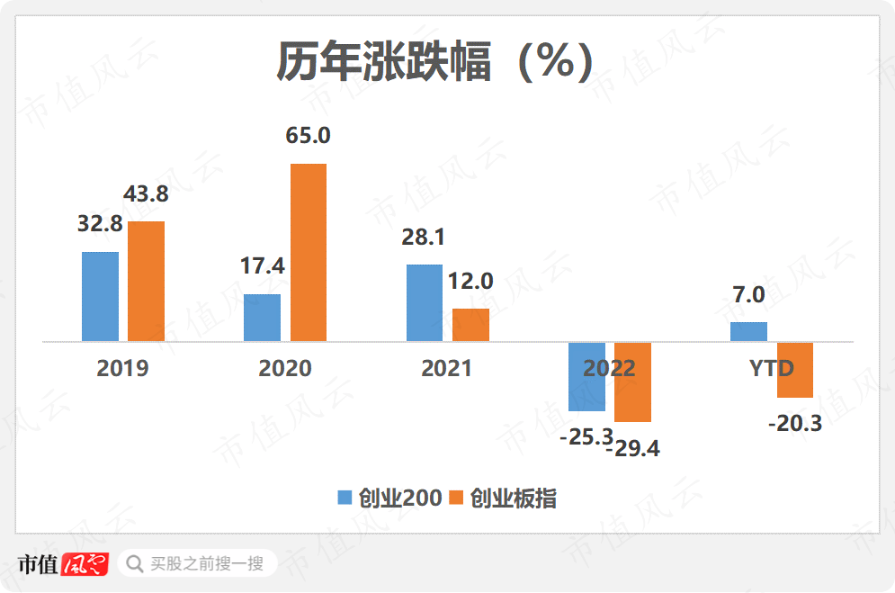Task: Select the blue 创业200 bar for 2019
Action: (x=100, y=296)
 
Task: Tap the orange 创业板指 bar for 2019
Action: (x=146, y=281)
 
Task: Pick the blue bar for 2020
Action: (x=262, y=318)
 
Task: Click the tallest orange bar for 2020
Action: (x=309, y=252)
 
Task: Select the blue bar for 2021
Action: (x=425, y=302)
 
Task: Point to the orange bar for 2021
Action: (x=470, y=325)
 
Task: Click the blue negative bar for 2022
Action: (x=586, y=377)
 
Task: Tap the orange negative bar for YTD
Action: (x=795, y=370)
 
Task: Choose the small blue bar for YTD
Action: (x=748, y=332)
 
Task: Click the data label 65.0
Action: (x=309, y=137)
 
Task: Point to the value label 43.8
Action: (x=146, y=194)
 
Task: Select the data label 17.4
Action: (x=262, y=266)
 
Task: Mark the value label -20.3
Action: (x=795, y=423)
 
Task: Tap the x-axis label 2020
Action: (x=285, y=368)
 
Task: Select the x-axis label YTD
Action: (x=772, y=368)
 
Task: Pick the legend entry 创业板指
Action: (x=503, y=499)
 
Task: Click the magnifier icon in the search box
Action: (x=135, y=564)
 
